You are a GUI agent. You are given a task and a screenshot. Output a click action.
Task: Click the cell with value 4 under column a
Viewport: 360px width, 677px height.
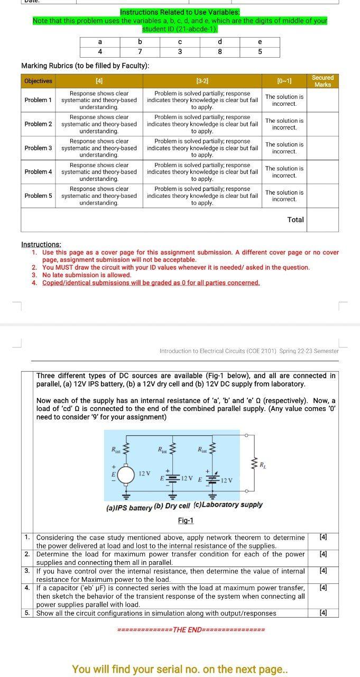pos(100,52)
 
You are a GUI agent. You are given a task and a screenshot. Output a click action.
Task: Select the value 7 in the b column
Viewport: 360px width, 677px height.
pos(140,52)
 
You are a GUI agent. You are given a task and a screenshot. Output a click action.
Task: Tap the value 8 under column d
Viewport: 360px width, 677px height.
pos(219,52)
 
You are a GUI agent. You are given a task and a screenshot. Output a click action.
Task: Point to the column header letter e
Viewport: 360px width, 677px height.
pos(260,42)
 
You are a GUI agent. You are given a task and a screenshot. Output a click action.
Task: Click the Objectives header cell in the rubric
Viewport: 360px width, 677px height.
pos(39,81)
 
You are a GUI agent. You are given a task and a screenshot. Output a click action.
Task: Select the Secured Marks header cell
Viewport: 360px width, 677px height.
pos(322,81)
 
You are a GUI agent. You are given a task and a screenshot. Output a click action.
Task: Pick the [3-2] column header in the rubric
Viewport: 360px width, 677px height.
pos(202,81)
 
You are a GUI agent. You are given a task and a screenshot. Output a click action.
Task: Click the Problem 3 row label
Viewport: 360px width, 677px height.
pos(39,148)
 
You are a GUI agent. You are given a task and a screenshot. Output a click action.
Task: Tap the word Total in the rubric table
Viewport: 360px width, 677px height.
pos(296,219)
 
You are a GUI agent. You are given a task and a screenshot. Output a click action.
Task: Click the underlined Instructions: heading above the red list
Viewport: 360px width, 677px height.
pos(41,244)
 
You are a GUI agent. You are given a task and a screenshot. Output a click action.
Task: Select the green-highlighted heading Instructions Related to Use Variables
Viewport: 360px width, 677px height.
pos(180,12)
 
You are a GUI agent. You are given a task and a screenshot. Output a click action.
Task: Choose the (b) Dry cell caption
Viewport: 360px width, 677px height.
pos(172,506)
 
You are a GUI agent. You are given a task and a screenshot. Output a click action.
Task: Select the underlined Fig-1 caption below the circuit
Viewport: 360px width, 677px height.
pos(186,520)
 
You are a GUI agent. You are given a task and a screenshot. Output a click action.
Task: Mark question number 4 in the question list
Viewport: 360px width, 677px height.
pos(27,588)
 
